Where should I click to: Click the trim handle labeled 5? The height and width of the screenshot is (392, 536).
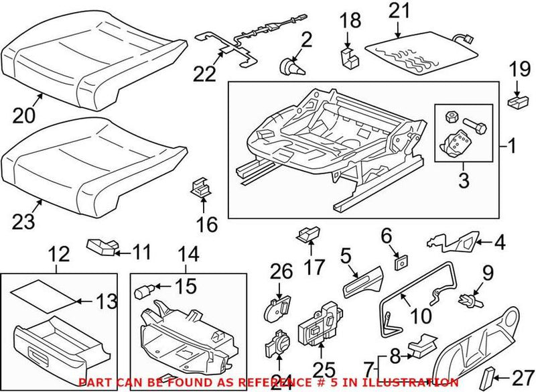coord(361,280)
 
